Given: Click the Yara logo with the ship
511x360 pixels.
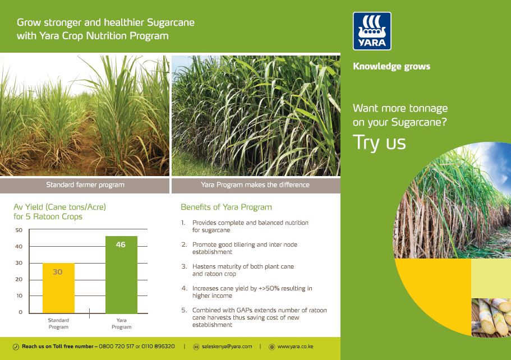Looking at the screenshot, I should (372, 31).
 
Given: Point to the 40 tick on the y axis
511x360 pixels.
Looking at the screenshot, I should (19, 247).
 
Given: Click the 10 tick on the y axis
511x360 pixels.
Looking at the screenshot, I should (19, 296).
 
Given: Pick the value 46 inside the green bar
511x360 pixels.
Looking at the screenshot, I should (121, 244).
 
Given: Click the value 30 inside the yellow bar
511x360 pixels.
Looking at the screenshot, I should (58, 272).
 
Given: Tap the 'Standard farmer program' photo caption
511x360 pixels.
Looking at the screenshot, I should (85, 184).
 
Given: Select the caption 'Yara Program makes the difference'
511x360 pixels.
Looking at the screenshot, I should (255, 184).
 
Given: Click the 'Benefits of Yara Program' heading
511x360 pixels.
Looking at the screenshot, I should (226, 207).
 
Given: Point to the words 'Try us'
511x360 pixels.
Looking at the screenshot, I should (379, 142).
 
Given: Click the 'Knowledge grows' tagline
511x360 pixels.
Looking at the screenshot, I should (392, 66).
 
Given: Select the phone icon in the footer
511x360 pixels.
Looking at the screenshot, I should (16, 347).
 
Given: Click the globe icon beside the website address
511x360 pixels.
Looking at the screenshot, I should (271, 347).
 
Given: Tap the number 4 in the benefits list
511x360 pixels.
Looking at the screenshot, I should (183, 288).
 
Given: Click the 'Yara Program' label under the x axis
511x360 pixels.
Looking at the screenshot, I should (121, 324).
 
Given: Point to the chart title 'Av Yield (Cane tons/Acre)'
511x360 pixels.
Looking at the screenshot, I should (59, 207).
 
